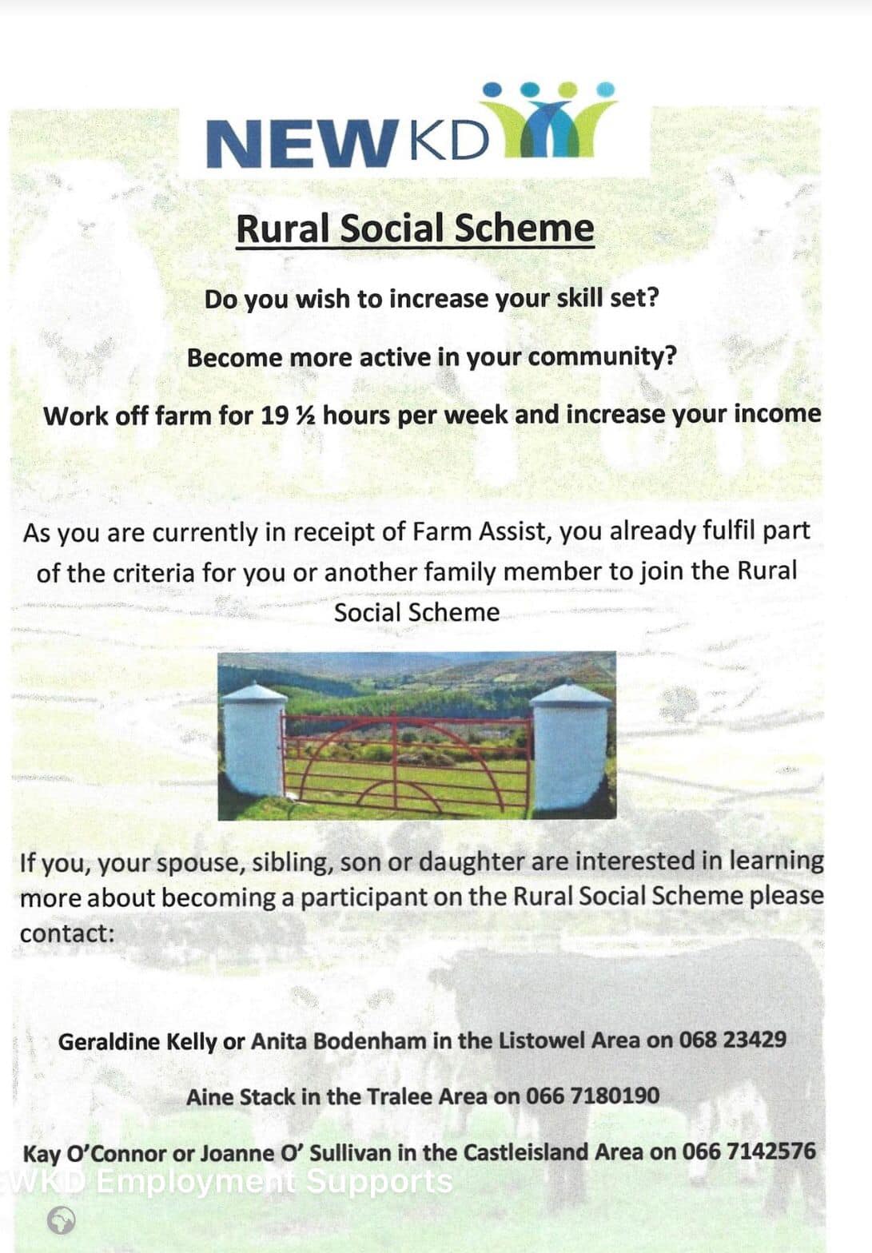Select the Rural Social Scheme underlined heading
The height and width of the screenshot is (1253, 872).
(x=415, y=229)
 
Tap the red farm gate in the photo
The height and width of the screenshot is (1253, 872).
(x=408, y=763)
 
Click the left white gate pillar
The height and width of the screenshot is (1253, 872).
(x=253, y=739)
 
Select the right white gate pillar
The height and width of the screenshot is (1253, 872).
(x=569, y=743)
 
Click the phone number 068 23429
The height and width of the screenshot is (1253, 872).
(x=732, y=1040)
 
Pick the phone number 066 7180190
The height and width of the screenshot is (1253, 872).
(x=592, y=1096)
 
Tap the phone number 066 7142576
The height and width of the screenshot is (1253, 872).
(x=749, y=1152)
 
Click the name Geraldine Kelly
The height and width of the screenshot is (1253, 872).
(x=137, y=1041)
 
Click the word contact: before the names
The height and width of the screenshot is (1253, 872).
(x=67, y=933)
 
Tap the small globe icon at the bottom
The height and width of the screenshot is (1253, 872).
(x=62, y=1220)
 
